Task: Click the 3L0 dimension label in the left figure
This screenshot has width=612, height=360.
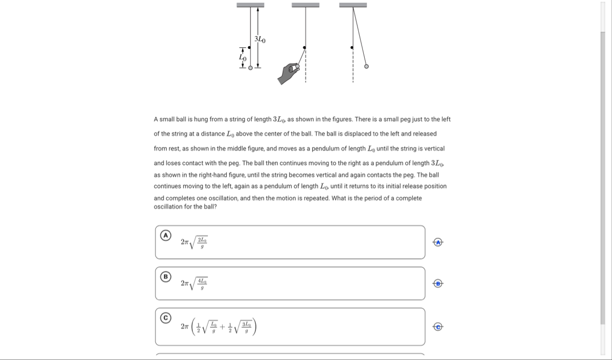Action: coord(260,39)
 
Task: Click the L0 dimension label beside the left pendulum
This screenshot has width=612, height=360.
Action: coord(243,58)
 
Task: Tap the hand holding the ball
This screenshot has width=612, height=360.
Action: coord(289,73)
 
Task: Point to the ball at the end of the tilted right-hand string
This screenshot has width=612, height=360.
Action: coord(366,66)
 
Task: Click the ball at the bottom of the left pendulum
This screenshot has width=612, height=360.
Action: coord(250,68)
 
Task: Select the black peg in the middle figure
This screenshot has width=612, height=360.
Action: coord(304,47)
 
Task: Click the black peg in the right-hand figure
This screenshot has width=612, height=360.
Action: coord(351,47)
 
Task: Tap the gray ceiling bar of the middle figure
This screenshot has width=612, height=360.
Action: coord(305,5)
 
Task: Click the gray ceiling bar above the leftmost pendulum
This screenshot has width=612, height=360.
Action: coord(250,5)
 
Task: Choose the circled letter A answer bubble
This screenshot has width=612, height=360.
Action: coord(165,235)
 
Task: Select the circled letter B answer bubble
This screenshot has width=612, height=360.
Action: coord(165,276)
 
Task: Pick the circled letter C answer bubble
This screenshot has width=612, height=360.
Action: coord(165,317)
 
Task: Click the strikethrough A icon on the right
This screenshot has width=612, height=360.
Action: coord(438,242)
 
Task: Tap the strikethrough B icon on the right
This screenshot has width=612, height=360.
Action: coord(438,284)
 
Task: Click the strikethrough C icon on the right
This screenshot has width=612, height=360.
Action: coord(438,327)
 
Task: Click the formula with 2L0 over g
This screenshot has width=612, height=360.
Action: coord(194,243)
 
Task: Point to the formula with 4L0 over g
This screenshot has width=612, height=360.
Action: coord(194,284)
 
